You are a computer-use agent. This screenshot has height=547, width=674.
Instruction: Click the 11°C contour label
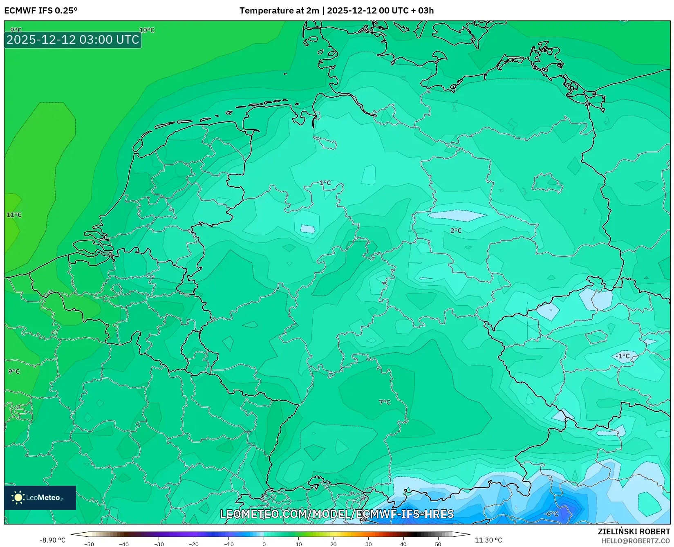pyautogui.click(x=14, y=215)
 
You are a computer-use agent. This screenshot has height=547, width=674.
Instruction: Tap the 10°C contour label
pyautogui.click(x=147, y=30)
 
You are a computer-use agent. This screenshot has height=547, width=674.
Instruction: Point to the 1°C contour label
pyautogui.click(x=325, y=183)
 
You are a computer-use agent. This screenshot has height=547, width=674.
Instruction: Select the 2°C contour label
pyautogui.click(x=456, y=231)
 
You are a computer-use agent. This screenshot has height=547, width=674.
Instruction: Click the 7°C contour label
pyautogui.click(x=385, y=402)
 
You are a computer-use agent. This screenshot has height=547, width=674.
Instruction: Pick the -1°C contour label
pyautogui.click(x=622, y=356)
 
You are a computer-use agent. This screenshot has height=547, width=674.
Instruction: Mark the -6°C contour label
pyautogui.click(x=551, y=513)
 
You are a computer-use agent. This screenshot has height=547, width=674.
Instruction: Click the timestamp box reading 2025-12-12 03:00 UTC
pyautogui.click(x=73, y=40)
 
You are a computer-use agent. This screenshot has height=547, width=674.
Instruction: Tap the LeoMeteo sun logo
pyautogui.click(x=18, y=497)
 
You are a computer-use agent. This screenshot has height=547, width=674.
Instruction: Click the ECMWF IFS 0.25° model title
pyautogui.click(x=41, y=11)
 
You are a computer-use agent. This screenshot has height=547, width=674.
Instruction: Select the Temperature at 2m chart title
pyautogui.click(x=336, y=11)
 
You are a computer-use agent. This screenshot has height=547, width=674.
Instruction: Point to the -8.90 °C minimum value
pyautogui.click(x=52, y=540)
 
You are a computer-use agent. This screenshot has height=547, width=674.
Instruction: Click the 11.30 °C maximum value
pyautogui.click(x=488, y=540)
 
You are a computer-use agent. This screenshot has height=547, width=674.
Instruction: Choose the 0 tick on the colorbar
pyautogui.click(x=264, y=544)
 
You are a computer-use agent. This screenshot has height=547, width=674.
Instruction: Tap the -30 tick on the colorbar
pyautogui.click(x=159, y=544)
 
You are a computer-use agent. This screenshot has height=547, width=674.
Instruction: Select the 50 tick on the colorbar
pyautogui.click(x=438, y=544)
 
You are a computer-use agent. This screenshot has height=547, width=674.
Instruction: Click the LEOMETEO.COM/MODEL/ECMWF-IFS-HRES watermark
pyautogui.click(x=337, y=514)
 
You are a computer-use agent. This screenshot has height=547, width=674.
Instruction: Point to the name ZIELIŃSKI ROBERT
pyautogui.click(x=634, y=531)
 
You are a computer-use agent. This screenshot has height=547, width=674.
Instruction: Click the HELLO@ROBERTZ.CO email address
pyautogui.click(x=635, y=541)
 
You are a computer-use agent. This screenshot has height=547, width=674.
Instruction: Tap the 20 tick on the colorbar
pyautogui.click(x=334, y=544)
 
